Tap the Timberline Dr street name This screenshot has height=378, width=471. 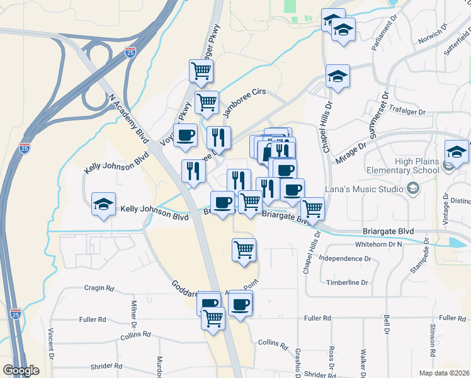point(346,283)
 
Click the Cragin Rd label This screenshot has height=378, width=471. point(99,288)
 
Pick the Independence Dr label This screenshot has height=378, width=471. point(345,258)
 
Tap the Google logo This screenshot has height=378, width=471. point(21,370)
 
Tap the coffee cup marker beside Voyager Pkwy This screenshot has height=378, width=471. point(185,135)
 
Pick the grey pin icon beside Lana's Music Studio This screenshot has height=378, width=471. point(413,188)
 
